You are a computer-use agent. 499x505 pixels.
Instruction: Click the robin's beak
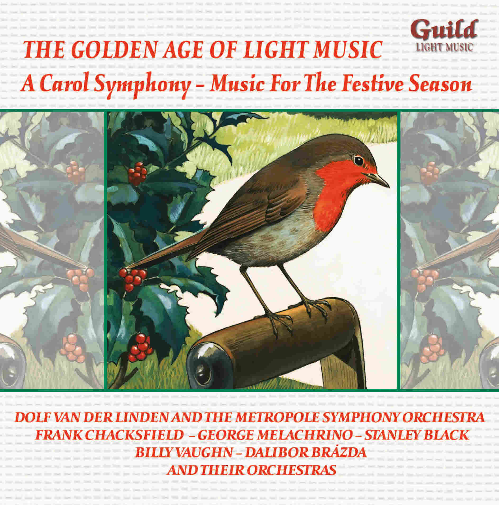pos(380,179)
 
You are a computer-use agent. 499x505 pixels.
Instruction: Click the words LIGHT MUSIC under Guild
pos(443,47)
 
